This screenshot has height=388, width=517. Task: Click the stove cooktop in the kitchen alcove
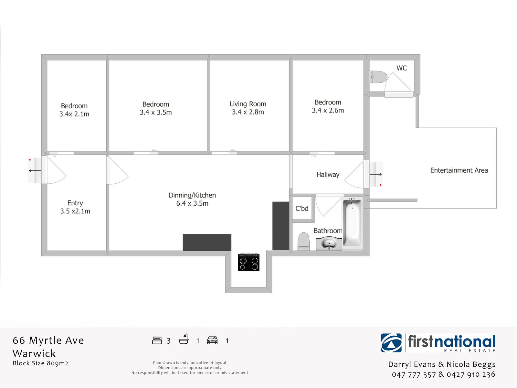[x=248, y=262]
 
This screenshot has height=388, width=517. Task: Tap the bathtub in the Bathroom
[x=352, y=223]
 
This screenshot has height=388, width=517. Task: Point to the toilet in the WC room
[x=378, y=77]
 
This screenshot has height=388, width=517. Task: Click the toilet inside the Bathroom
[x=303, y=241]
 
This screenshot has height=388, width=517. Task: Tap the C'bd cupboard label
[x=302, y=209]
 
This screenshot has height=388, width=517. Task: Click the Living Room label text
[x=248, y=104]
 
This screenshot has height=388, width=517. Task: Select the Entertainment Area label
[x=459, y=170]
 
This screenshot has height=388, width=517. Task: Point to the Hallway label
[x=328, y=175]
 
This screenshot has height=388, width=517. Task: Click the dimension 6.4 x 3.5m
[x=192, y=203]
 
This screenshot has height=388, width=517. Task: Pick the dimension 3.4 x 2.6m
[x=328, y=110]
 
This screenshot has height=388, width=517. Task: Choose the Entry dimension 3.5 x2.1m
[x=75, y=211]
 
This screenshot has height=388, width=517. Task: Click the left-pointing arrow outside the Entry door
[x=35, y=170]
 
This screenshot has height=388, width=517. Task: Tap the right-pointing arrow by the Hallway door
[x=376, y=174]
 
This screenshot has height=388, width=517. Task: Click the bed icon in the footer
[x=157, y=340]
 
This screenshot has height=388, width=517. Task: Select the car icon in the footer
[x=212, y=340]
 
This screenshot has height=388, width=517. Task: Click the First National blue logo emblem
[x=391, y=343]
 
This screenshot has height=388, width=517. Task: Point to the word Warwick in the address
[x=34, y=354]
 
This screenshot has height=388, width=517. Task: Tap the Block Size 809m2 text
[x=40, y=363]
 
